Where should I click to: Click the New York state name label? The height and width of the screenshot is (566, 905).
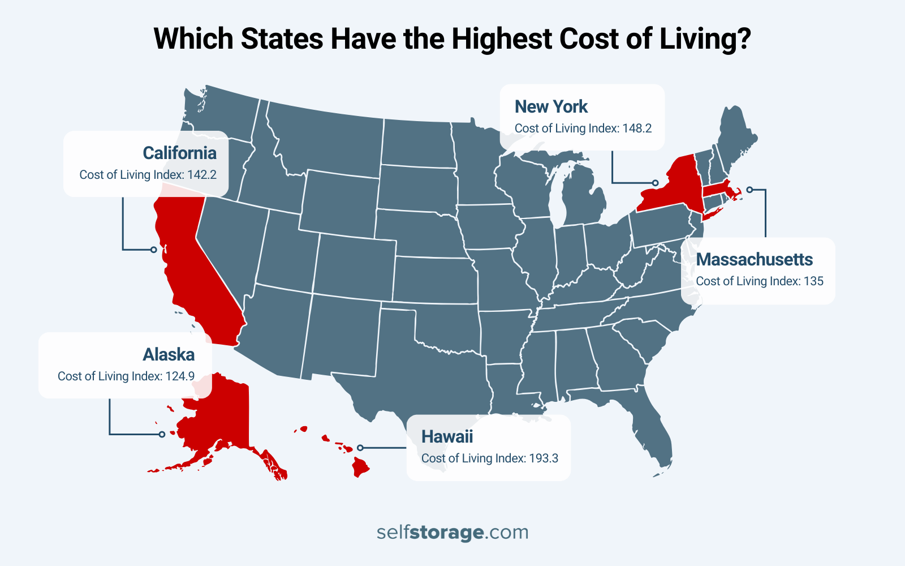[551, 106]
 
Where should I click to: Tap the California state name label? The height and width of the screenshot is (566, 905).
[179, 153]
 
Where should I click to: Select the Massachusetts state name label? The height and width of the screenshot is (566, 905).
[754, 259]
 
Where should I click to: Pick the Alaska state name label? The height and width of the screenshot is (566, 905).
[169, 354]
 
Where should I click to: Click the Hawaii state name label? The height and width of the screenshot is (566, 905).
[447, 436]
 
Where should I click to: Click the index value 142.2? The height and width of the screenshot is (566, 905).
[202, 175]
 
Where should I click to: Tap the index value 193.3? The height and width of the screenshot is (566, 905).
[544, 458]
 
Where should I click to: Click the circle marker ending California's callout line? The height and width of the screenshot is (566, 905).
[153, 250]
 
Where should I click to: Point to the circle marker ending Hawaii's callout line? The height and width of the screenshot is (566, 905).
[360, 448]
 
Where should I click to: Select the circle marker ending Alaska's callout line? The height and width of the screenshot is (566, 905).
[162, 434]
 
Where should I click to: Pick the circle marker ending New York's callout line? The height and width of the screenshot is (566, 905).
[655, 183]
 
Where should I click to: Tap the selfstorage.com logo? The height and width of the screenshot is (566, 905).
[453, 532]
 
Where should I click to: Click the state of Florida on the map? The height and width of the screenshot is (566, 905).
[650, 430]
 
